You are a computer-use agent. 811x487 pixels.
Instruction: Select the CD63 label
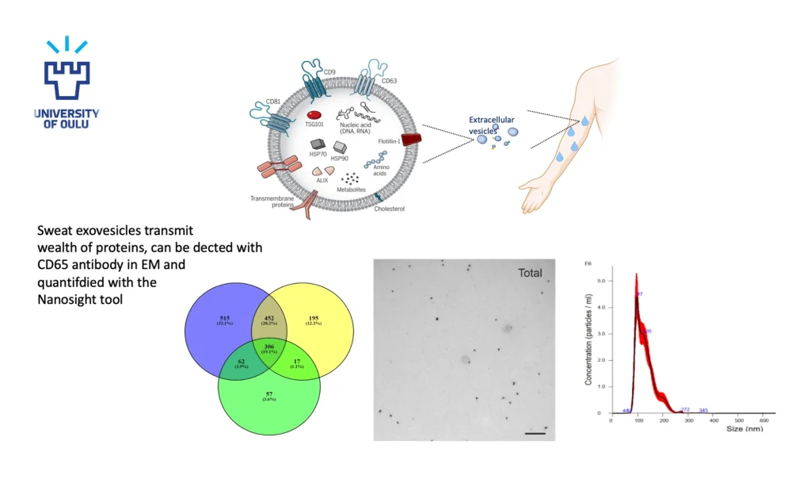pyautogui.click(x=389, y=81)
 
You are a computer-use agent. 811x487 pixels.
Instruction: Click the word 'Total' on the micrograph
pyautogui.click(x=530, y=273)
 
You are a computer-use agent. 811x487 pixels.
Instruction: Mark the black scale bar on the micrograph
pyautogui.click(x=535, y=433)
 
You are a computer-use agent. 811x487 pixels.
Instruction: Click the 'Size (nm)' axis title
pyautogui.click(x=746, y=428)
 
